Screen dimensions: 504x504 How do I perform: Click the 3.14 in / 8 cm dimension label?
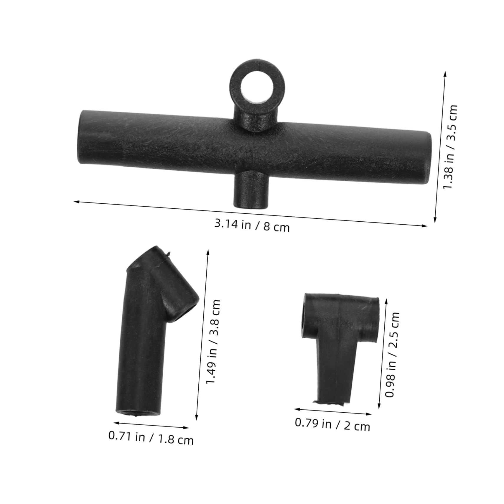tap(252, 225)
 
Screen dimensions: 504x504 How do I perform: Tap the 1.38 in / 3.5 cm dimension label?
tap(450, 147)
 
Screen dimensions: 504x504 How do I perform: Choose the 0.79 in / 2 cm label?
tap(332, 425)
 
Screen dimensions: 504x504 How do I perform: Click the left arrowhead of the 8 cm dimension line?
tap(76, 202)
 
